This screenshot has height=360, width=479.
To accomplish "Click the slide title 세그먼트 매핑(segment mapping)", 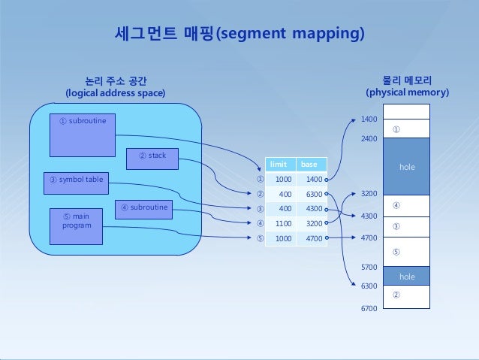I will [x=239, y=35].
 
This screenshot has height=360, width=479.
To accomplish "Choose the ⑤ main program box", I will [x=76, y=226].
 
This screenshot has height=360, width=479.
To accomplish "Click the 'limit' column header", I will [x=281, y=164].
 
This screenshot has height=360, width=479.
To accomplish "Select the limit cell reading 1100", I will [x=282, y=223].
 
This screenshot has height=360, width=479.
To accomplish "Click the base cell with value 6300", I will [x=312, y=194].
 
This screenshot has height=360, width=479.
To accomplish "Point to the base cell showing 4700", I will [x=312, y=238].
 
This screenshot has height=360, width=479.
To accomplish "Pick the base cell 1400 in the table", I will [x=312, y=180].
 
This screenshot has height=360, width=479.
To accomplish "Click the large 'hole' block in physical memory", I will [x=407, y=166].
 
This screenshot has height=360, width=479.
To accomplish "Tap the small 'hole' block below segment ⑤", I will [x=407, y=277].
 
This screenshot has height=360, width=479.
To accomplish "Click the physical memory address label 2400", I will [x=369, y=140].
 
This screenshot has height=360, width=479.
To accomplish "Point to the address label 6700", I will [x=369, y=309].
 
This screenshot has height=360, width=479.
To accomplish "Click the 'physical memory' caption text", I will [x=407, y=93].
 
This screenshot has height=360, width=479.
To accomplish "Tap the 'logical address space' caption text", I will [x=115, y=93].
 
